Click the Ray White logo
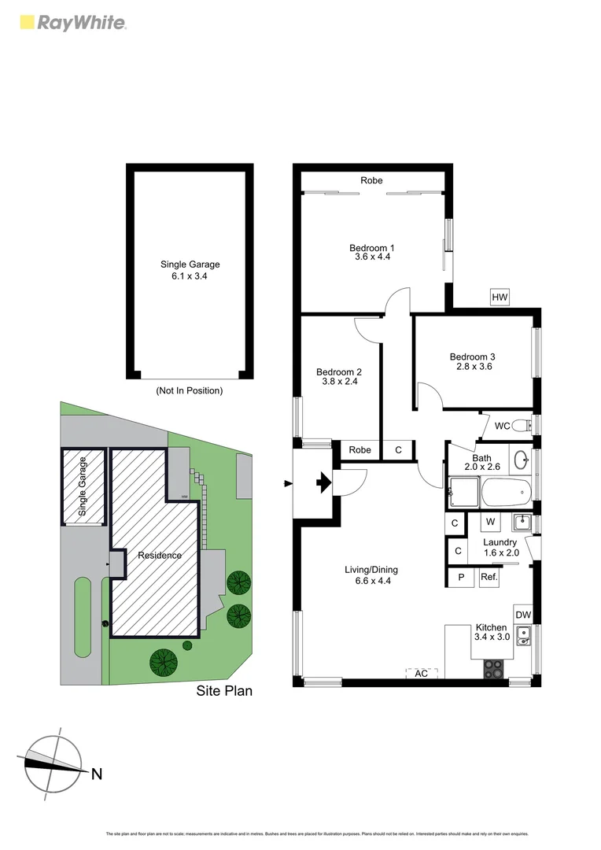point(72,22)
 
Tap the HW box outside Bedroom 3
point(500,297)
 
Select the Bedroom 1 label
point(372,249)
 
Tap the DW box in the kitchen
point(523,615)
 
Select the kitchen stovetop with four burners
point(494,668)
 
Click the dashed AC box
point(422,674)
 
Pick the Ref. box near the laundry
point(489,576)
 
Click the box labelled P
point(460,576)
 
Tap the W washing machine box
point(489,521)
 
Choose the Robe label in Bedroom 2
point(359,450)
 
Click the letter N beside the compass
point(97,774)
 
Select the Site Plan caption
point(224,691)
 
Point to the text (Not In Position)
point(189,390)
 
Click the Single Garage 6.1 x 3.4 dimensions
point(190,276)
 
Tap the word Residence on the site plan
point(160,555)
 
